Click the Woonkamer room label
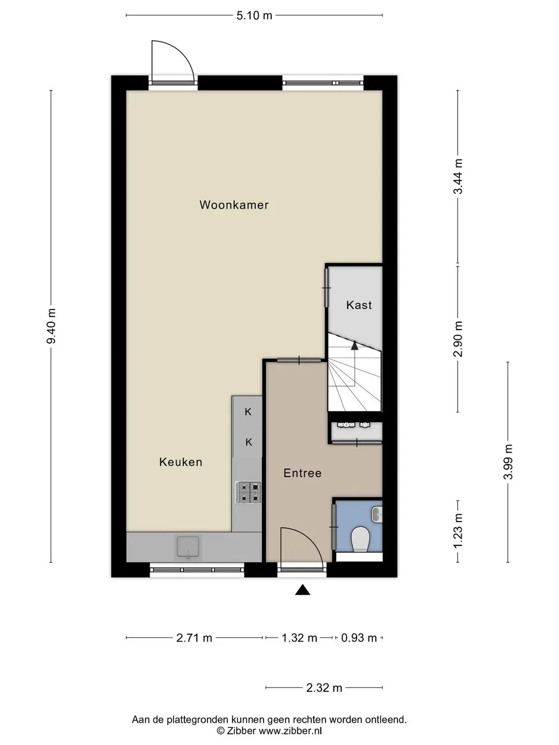(x=234, y=205)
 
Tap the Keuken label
(x=181, y=462)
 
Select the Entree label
(x=302, y=473)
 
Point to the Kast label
(x=359, y=305)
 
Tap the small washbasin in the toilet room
(x=377, y=515)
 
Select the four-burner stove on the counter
(x=248, y=493)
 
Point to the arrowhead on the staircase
(x=355, y=346)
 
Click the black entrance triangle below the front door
(x=302, y=590)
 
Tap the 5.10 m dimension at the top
(x=254, y=16)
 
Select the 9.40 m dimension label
(x=51, y=326)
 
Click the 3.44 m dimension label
(x=458, y=176)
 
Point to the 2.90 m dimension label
(x=458, y=339)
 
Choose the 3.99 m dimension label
(x=508, y=461)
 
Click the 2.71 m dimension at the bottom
(x=194, y=638)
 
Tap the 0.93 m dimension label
(x=359, y=638)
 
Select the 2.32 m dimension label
(x=324, y=688)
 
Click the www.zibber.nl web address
(x=290, y=731)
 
